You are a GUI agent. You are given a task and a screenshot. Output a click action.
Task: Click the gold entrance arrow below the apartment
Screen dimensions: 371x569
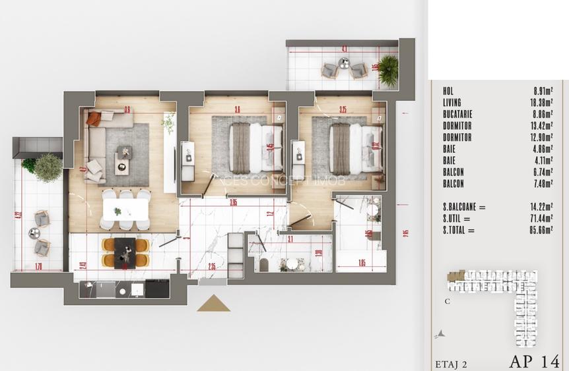pyautogui.click(x=213, y=304)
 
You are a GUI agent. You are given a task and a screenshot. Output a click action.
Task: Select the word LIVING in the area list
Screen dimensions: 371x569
pyautogui.click(x=452, y=102)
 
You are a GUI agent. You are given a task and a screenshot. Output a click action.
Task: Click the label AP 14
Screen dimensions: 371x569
pyautogui.click(x=533, y=361)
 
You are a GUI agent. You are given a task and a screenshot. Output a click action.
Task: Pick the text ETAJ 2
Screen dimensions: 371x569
pyautogui.click(x=451, y=363)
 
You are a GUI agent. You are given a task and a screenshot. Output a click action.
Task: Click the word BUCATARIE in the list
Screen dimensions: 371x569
pyautogui.click(x=457, y=114)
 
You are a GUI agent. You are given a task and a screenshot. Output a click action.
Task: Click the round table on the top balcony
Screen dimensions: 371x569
pyautogui.click(x=344, y=65)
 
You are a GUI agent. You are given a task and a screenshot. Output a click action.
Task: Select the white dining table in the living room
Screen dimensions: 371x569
pyautogui.click(x=125, y=210)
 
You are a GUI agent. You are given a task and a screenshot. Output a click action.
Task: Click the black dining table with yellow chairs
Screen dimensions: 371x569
pyautogui.click(x=125, y=251)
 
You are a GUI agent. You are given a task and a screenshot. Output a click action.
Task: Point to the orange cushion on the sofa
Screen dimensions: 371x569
pyautogui.click(x=94, y=119)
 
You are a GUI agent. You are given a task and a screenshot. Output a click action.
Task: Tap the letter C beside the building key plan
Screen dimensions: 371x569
pyautogui.click(x=448, y=302)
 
